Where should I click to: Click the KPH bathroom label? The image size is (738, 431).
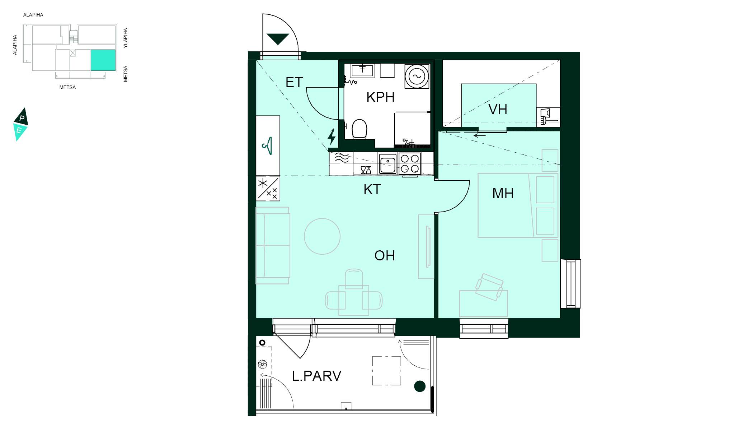coord(380,97)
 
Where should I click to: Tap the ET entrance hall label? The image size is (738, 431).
coord(294,82)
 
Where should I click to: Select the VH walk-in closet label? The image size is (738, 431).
coord(498,110)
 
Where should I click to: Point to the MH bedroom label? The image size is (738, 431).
coord(503,194)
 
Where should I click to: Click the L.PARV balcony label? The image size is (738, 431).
coord(316,376)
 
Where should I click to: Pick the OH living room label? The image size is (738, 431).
coord(385,256)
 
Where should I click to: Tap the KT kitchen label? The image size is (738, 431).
coord(372,190)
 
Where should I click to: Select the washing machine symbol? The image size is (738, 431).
coord(417,76)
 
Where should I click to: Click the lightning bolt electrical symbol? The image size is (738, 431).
coord(332,137)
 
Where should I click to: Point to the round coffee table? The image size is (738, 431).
coord(322,236)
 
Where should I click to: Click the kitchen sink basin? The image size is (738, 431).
coord(387,164)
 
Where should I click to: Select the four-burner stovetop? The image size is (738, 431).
coord(410,163)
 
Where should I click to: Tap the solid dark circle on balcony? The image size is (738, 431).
coord(420,386)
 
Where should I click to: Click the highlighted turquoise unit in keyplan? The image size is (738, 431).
coord(103,60)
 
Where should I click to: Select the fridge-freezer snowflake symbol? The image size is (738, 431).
coord(268,188)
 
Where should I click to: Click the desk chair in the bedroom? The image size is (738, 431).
coord(489,287)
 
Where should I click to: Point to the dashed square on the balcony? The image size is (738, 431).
coord(386,371)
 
